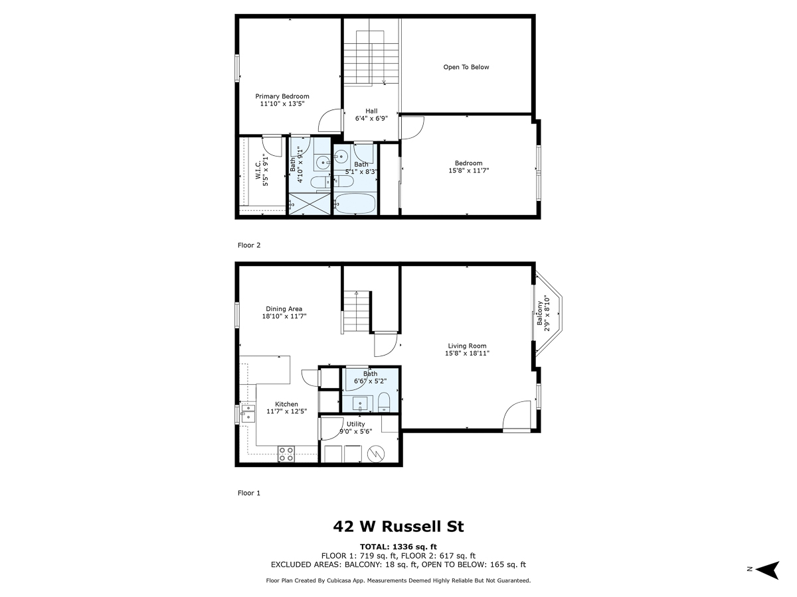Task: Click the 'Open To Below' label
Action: [466, 67]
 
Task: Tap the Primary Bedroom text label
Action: [282, 96]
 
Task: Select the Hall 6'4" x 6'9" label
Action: [371, 115]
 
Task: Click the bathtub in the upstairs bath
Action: [355, 204]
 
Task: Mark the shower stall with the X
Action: [309, 204]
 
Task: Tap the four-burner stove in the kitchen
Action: [286, 454]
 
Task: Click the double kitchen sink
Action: [247, 413]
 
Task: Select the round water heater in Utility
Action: [375, 454]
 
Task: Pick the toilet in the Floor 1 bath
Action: [383, 402]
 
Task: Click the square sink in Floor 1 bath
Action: [361, 403]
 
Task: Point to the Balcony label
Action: [543, 314]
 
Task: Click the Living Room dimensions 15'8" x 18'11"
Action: [467, 354]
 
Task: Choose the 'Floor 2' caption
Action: [249, 245]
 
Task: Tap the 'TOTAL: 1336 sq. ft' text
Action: [398, 547]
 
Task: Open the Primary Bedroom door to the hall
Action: [330, 122]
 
